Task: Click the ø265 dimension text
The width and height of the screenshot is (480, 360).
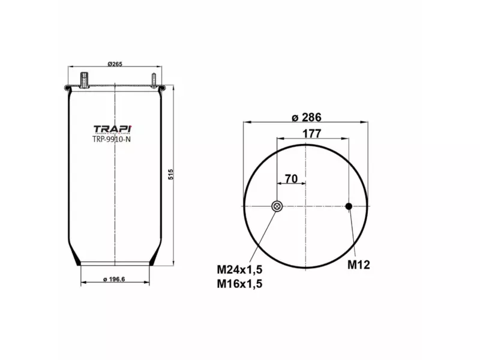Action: click(115, 64)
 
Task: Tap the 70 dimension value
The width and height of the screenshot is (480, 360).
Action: click(292, 179)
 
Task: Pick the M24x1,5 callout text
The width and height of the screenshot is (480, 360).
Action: click(240, 268)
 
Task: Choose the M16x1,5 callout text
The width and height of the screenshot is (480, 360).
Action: click(240, 283)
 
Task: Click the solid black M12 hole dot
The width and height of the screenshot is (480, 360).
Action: click(349, 206)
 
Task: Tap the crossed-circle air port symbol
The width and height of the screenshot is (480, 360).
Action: click(277, 206)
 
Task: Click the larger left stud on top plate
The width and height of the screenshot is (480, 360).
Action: click(84, 79)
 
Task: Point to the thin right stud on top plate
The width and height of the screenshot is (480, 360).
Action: click(154, 80)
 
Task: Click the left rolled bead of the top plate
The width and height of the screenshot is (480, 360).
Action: click(65, 89)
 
